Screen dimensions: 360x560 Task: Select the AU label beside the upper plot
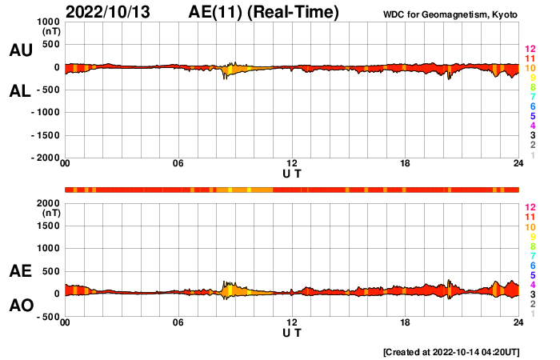tap(20, 50)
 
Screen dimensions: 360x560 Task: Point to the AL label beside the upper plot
tap(20, 91)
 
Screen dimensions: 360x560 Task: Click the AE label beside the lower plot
tap(20, 271)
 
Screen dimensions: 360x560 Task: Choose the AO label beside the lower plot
tap(20, 306)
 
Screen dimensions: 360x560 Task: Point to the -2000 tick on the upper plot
tap(45, 158)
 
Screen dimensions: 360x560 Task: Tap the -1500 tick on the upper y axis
tap(45, 136)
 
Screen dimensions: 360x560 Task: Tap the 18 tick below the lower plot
tap(406, 322)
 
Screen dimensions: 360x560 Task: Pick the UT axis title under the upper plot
tap(292, 174)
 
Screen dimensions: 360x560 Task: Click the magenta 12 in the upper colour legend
tap(529, 50)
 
